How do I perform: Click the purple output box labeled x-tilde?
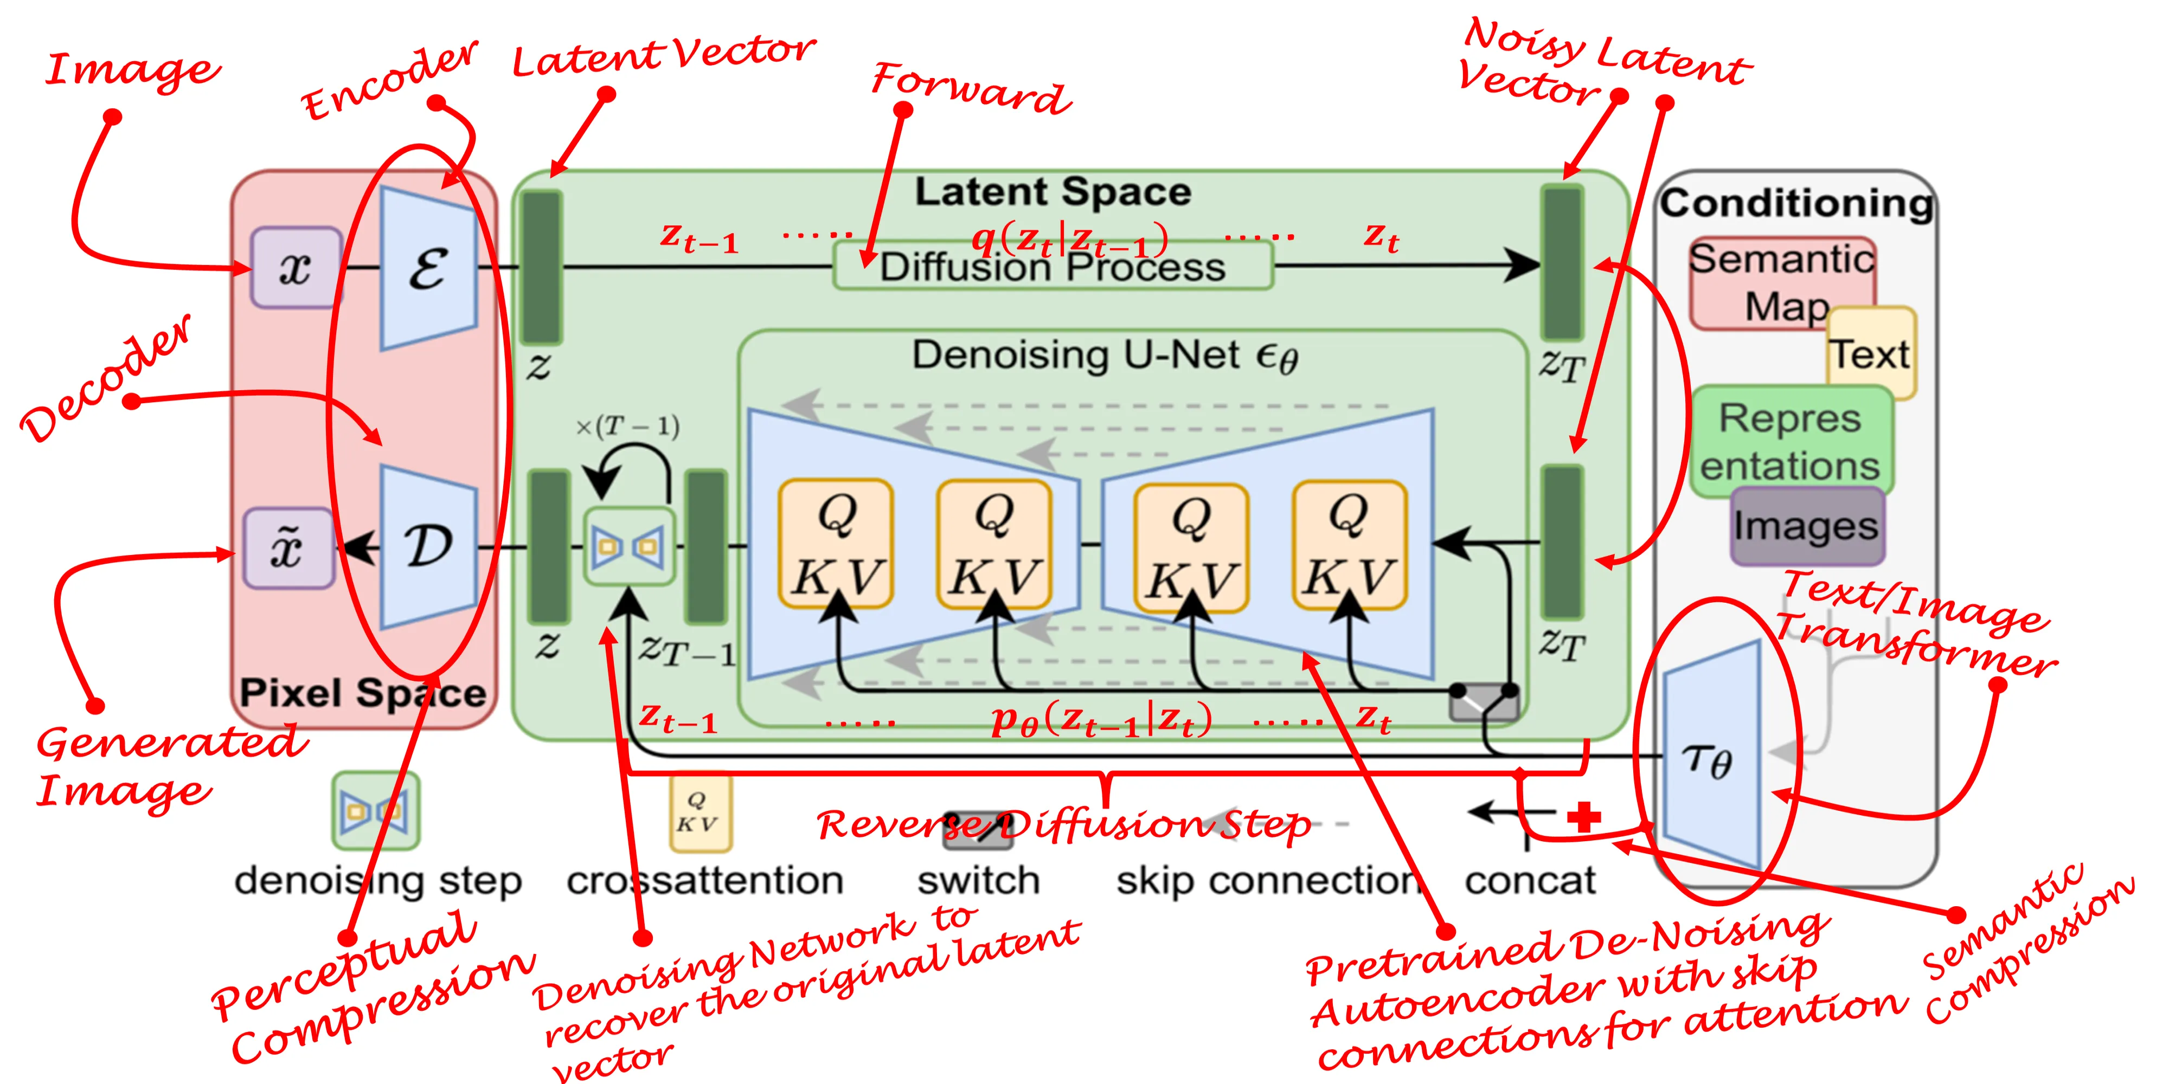click(x=288, y=549)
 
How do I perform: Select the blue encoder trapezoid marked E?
click(x=428, y=268)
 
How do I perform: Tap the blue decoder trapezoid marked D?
click(x=428, y=547)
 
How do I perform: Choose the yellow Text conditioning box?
click(x=1871, y=353)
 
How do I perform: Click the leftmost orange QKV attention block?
click(x=836, y=544)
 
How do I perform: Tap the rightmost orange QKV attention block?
click(x=1349, y=544)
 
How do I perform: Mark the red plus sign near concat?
click(x=1584, y=816)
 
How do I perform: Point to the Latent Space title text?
click(x=1053, y=192)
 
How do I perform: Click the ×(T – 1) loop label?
click(x=627, y=427)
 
